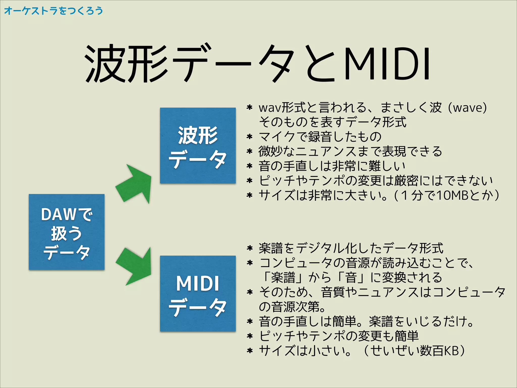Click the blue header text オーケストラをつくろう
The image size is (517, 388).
[x=54, y=11]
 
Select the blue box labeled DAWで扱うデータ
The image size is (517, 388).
[x=67, y=232]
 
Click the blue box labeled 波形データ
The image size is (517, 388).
[x=198, y=145]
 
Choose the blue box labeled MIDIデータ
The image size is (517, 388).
[x=198, y=294]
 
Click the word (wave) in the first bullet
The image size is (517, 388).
[x=470, y=108]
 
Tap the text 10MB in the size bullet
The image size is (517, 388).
[x=452, y=195]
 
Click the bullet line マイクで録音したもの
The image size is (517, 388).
[x=320, y=137]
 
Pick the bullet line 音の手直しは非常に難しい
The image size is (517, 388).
[x=332, y=166]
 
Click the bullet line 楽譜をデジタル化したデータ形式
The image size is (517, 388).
[x=351, y=248]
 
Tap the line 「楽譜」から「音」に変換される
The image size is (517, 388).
[x=351, y=277]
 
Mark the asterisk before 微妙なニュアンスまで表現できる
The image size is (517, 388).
[x=249, y=152]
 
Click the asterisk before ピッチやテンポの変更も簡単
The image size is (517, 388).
[x=250, y=336]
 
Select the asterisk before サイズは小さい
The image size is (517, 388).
[x=250, y=351]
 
